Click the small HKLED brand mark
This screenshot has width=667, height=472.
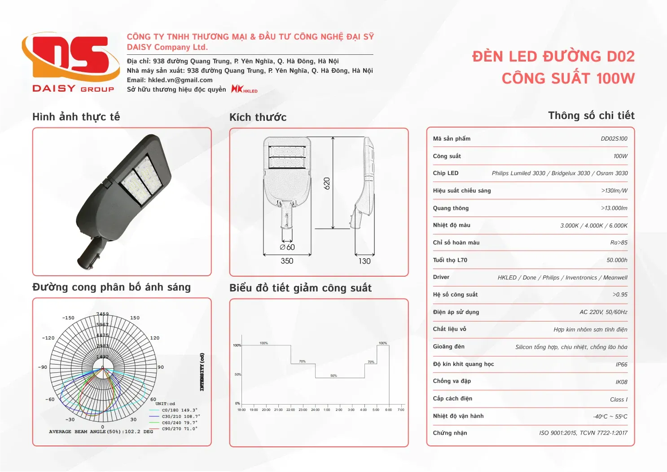pos(244,89)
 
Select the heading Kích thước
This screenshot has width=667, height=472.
pos(258,117)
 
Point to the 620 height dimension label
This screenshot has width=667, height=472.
pos(327,183)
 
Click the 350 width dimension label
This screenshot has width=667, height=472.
pos(287,261)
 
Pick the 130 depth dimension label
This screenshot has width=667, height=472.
pos(364,261)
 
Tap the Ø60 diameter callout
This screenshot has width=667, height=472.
pos(287,247)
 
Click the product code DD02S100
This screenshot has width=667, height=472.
pos(614,139)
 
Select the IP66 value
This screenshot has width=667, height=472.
pos(621,365)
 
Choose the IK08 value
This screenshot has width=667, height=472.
pos(621,382)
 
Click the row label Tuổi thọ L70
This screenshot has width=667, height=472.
pos(450,260)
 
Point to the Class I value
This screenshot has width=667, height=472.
pos(619,400)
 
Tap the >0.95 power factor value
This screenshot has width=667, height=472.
pos(620,295)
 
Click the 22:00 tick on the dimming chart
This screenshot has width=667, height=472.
pos(290,410)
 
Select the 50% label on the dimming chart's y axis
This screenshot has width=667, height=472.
pos(238,375)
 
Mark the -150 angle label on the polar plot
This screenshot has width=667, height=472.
pos(68,318)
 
